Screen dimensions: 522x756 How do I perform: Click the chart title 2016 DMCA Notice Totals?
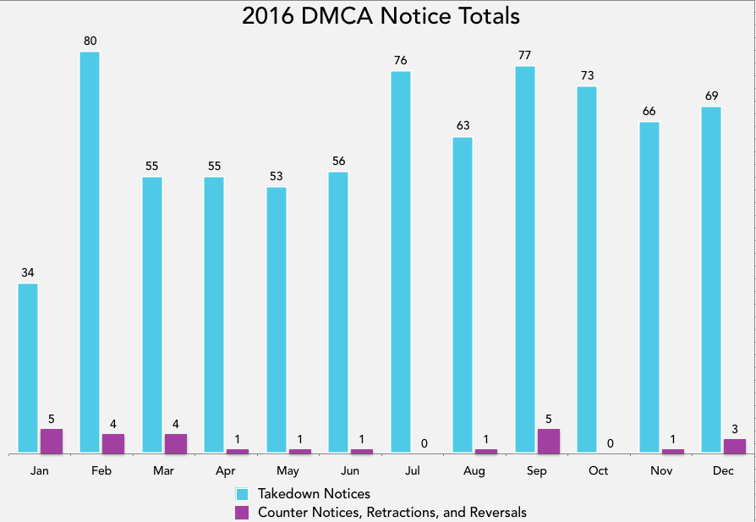pyautogui.click(x=381, y=16)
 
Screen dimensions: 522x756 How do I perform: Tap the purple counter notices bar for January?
pyautogui.click(x=52, y=441)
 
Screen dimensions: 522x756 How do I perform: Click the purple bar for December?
pyautogui.click(x=735, y=446)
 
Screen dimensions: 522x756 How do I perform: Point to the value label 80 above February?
pyautogui.click(x=90, y=40)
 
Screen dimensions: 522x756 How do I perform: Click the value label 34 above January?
pyautogui.click(x=28, y=272)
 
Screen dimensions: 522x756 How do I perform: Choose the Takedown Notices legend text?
pyautogui.click(x=314, y=493)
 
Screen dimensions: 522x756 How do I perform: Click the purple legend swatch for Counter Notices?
pyautogui.click(x=242, y=512)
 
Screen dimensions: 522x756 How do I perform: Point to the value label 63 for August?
pyautogui.click(x=463, y=125)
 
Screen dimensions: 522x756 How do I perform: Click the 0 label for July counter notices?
pyautogui.click(x=424, y=442)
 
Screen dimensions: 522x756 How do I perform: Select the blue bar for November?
pyautogui.click(x=649, y=288)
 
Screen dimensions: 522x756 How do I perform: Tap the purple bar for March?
pyautogui.click(x=176, y=443)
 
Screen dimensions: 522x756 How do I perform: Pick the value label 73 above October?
pyautogui.click(x=587, y=75)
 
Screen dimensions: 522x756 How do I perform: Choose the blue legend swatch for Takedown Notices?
pyautogui.click(x=242, y=493)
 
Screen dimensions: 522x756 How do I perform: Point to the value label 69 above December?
pyautogui.click(x=711, y=96)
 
